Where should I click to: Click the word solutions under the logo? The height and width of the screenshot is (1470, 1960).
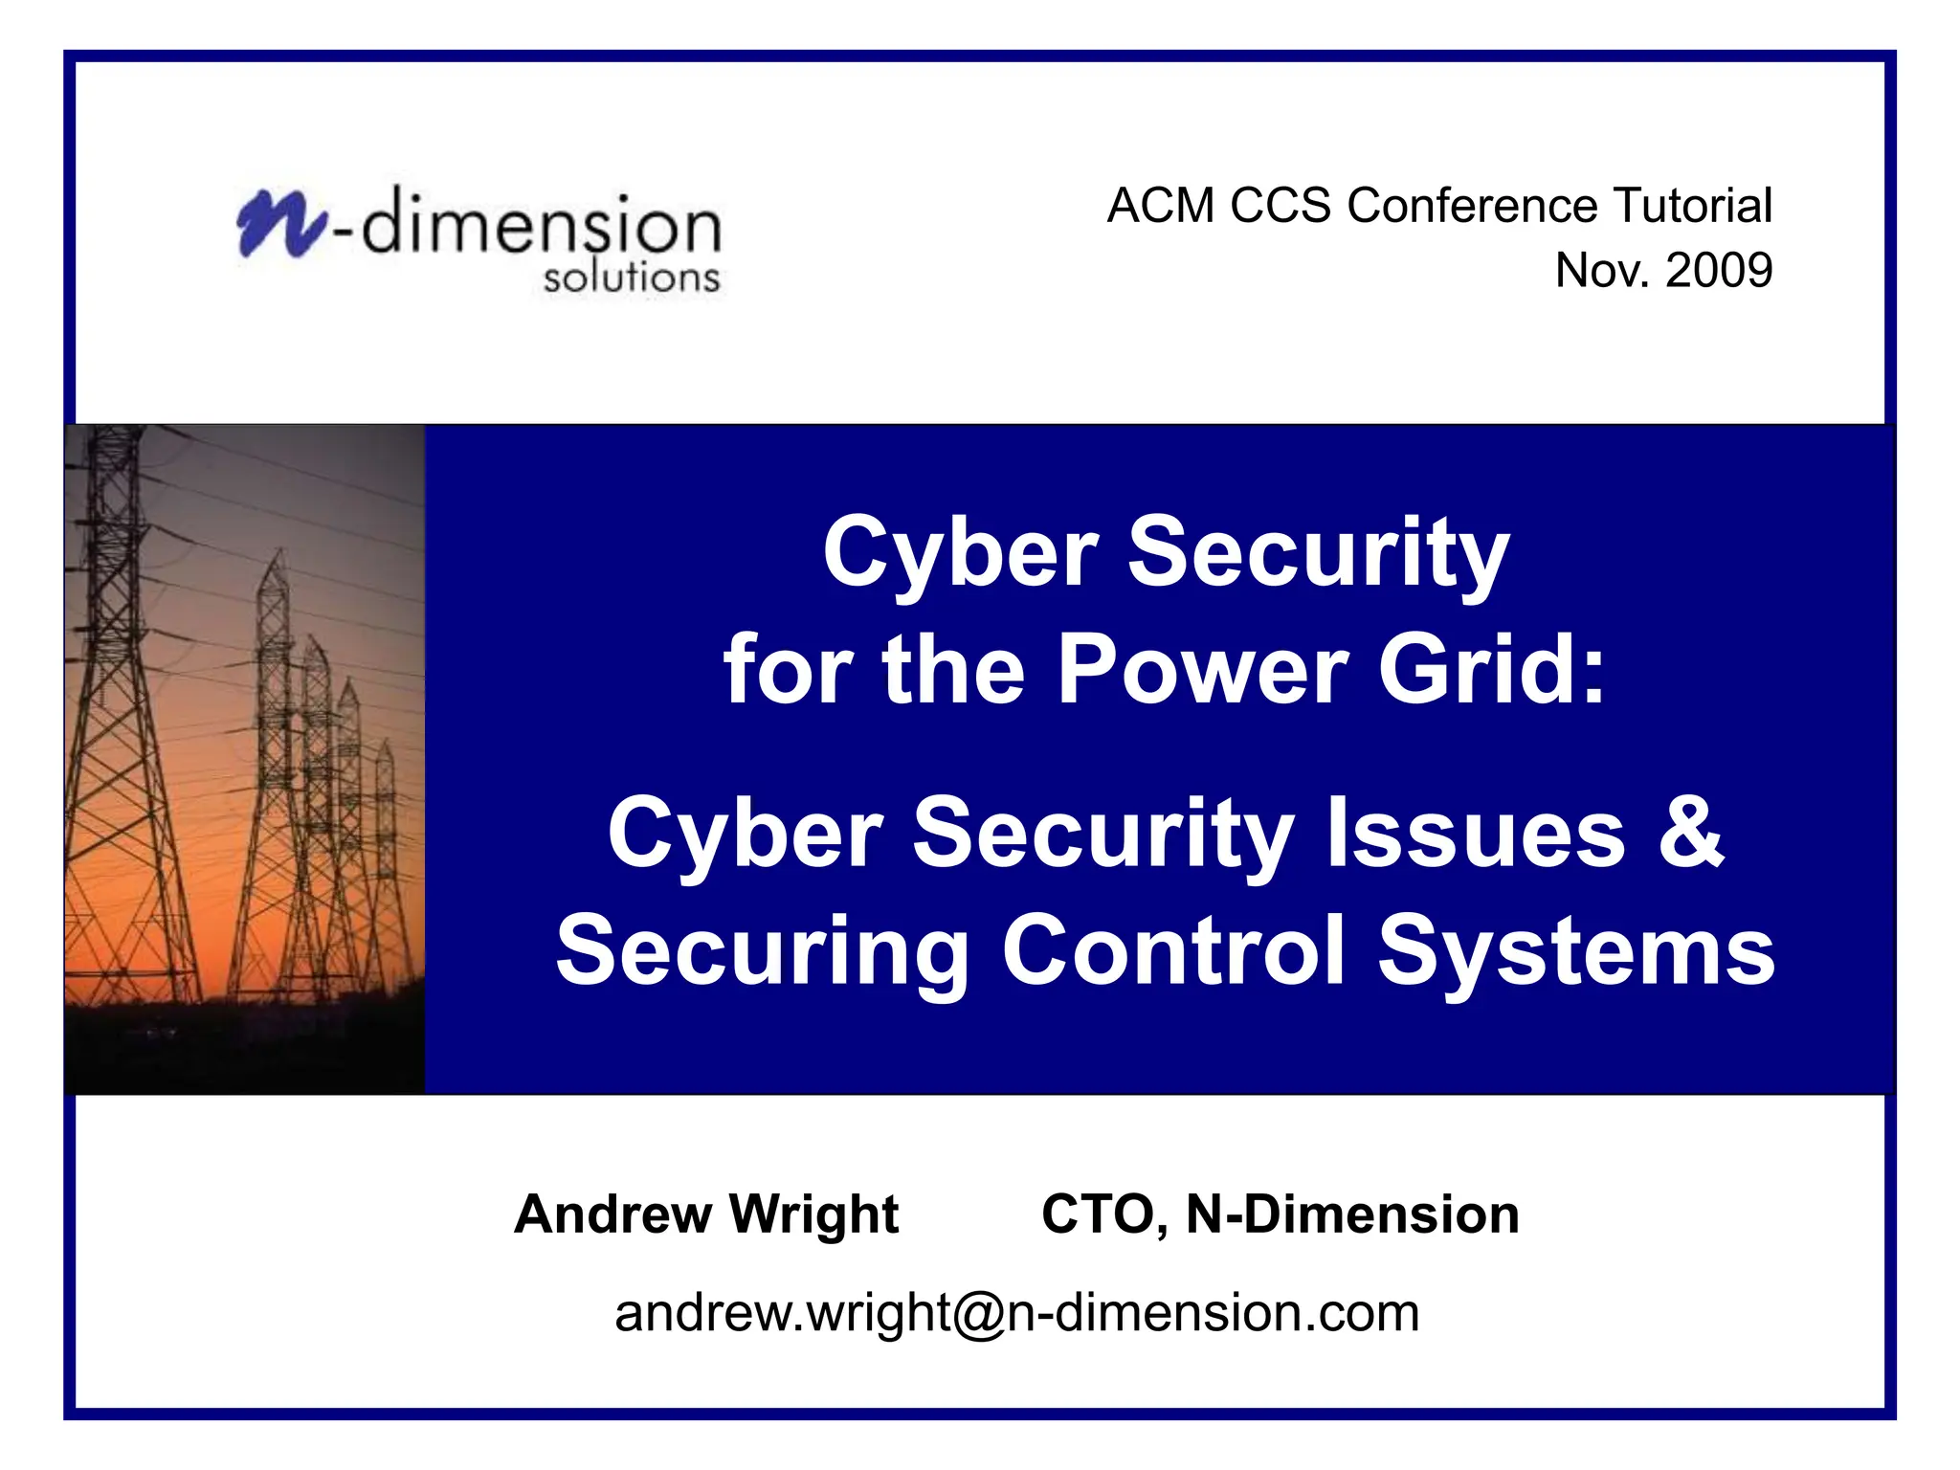click(631, 278)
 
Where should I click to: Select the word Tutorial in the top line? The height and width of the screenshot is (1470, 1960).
click(1692, 206)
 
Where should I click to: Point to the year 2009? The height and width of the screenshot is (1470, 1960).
click(1719, 270)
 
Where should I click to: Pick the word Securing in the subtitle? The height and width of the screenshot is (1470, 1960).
click(762, 950)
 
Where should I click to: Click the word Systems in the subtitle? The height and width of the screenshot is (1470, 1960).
click(1575, 950)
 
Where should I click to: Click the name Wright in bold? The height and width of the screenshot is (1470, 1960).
click(813, 1214)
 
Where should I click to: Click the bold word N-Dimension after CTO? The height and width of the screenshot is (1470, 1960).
click(1351, 1214)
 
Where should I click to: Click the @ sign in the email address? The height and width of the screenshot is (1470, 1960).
click(979, 1313)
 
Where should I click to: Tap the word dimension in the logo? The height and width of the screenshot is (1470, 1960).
click(542, 226)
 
